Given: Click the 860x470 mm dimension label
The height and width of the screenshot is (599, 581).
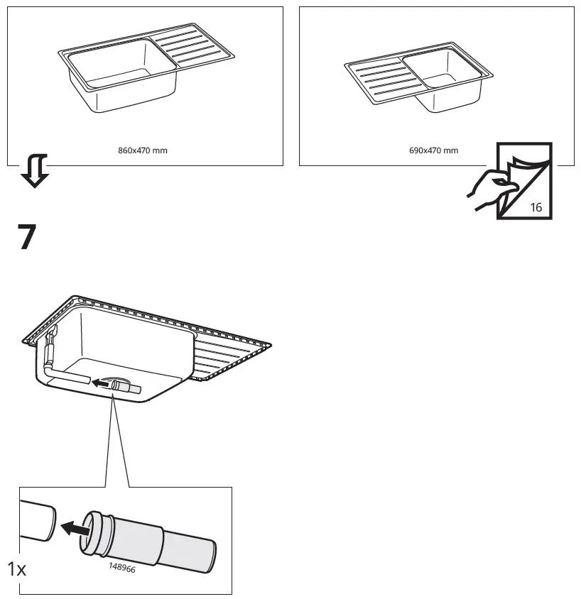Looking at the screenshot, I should click(x=142, y=150).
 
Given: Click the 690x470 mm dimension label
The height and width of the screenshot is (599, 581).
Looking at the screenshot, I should click(x=433, y=150).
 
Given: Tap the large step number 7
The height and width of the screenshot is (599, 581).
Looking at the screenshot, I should click(x=27, y=238).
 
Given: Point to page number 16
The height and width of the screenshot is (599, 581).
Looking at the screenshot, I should click(x=536, y=207).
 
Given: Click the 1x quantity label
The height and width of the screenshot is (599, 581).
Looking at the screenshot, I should click(x=16, y=568).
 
